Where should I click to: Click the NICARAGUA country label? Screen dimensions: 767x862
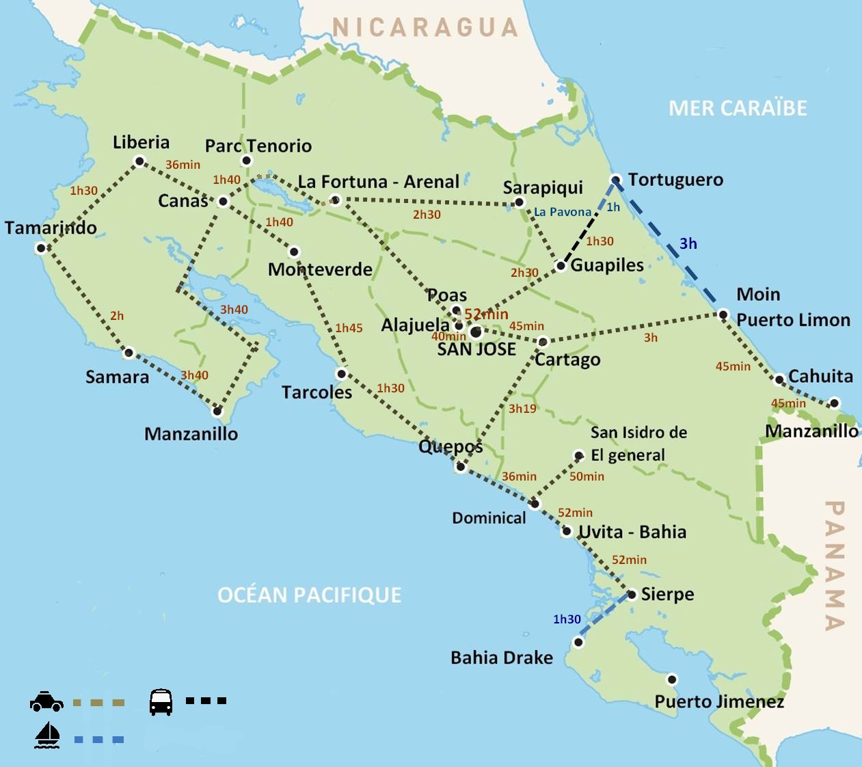425,27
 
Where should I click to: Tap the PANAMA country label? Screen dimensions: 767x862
835,565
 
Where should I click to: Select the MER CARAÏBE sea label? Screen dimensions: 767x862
738,108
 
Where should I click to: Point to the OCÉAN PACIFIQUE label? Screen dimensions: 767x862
309,595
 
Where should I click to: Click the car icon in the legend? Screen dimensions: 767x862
46,701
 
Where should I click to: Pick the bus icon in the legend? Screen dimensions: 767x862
161,701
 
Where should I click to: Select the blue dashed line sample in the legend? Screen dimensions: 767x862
99,740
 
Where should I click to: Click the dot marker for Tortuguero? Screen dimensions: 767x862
615,180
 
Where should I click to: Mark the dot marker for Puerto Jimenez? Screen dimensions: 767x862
672,679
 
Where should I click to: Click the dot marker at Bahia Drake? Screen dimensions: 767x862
578,643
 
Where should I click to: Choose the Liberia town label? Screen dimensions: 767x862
141,142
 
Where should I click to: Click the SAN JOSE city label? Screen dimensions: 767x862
476,349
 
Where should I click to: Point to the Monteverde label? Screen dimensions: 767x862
320,269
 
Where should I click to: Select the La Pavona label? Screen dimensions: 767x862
563,212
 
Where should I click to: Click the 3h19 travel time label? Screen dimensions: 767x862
522,409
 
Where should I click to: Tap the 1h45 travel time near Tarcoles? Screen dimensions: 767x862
349,328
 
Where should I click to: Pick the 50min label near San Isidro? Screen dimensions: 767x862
587,476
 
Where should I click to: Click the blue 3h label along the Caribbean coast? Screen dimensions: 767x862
688,243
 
